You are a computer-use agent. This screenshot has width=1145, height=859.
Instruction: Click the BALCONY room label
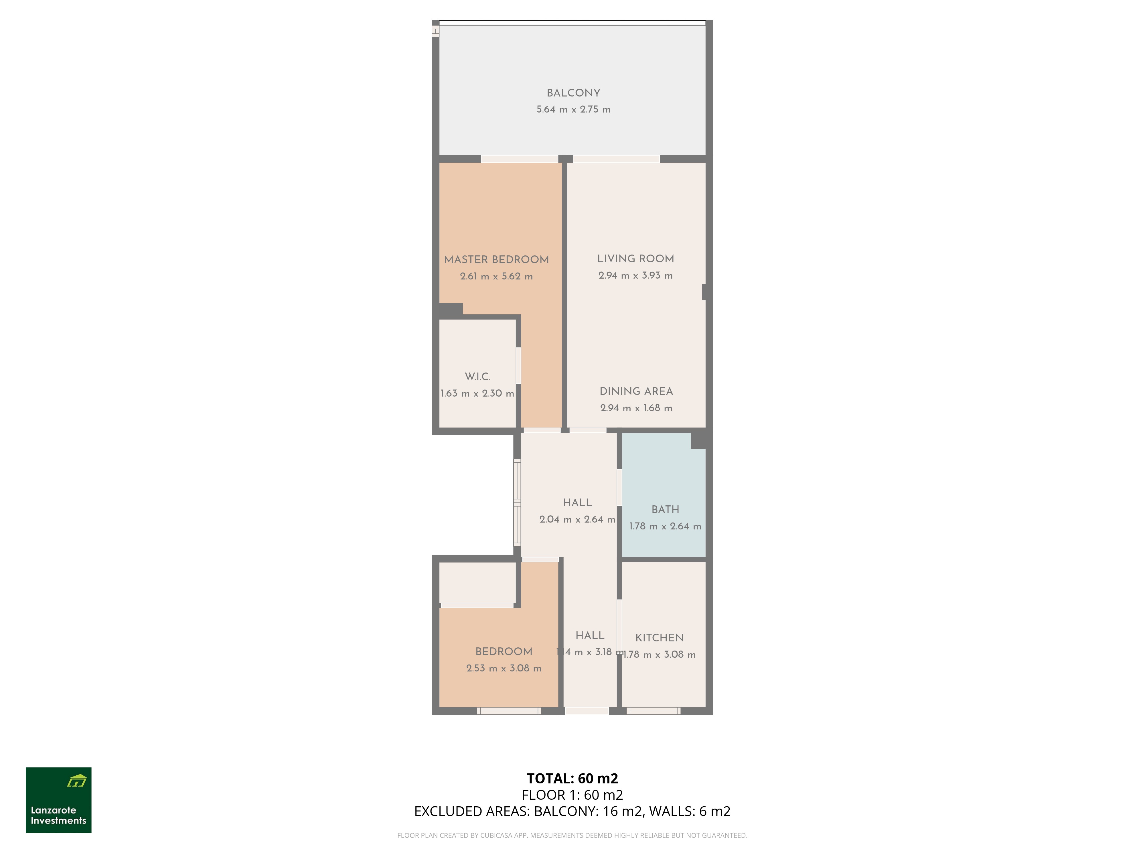tap(574, 93)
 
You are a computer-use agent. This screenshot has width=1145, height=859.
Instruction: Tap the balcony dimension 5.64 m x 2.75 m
tap(574, 110)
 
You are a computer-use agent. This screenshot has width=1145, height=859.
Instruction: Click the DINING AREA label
tap(636, 391)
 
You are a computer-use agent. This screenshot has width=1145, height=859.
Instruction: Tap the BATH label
tap(665, 509)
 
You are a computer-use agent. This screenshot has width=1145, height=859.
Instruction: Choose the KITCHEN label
tap(660, 638)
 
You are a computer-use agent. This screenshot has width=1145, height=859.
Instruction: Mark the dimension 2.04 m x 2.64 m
tap(577, 519)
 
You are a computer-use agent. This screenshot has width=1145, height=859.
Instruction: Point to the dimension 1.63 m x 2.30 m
tap(477, 393)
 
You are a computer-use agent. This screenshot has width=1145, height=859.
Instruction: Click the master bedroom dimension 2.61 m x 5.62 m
tap(496, 277)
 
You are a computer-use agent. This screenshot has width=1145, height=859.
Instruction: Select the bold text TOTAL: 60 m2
tap(572, 778)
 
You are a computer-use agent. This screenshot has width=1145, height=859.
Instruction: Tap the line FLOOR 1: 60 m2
tap(572, 795)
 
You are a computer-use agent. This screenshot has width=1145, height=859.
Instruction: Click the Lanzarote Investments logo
tap(58, 800)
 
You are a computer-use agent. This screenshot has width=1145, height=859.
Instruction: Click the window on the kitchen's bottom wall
tap(653, 711)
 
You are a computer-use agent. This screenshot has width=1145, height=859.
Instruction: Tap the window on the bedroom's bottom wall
tap(509, 711)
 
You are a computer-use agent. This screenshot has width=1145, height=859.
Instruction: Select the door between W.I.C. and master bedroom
tap(518, 366)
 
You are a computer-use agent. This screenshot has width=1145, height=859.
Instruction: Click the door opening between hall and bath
tap(619, 487)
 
